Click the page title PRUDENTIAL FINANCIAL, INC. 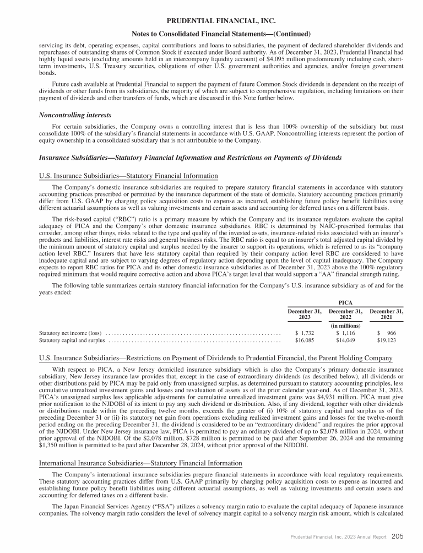pyautogui.click(x=211, y=21)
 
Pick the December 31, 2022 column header pyautogui.click(x=345, y=315)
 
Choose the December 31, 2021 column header pyautogui.click(x=387, y=315)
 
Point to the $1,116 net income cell pyautogui.click(x=345, y=333)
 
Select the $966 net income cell pyautogui.click(x=387, y=333)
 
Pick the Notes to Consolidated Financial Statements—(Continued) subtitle pyautogui.click(x=211, y=34)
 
